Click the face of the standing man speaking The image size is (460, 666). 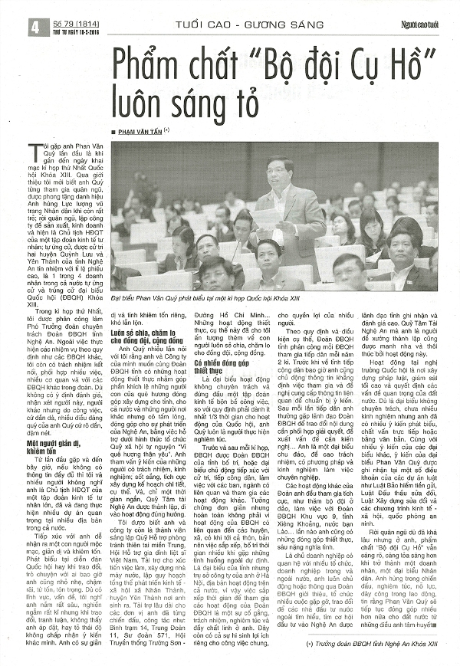pos(277,168)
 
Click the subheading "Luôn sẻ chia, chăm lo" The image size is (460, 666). pos(143,335)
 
